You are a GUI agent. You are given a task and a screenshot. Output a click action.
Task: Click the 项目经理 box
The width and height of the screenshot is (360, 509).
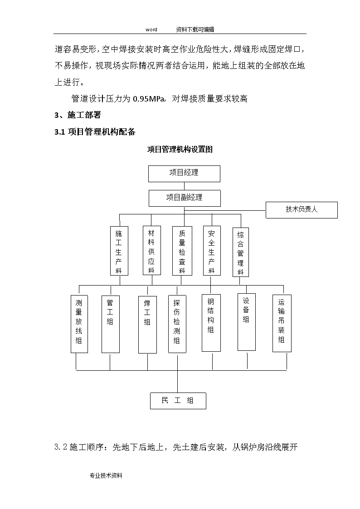[x=184, y=174]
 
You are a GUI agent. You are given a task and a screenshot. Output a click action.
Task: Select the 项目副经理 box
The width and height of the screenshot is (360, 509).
[x=185, y=199]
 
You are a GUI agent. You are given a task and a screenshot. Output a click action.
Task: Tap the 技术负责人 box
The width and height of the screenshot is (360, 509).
[x=302, y=210]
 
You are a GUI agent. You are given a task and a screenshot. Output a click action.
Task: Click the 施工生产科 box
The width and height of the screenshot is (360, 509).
[x=119, y=251]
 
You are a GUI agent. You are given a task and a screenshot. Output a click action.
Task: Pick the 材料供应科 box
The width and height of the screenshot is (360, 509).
[x=152, y=251]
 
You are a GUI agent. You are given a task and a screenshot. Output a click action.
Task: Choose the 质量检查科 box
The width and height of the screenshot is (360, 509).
[x=182, y=251]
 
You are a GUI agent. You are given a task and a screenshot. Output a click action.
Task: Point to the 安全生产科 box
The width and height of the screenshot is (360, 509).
[x=212, y=251]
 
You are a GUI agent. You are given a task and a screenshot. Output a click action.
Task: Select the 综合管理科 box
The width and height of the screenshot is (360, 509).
[x=241, y=252]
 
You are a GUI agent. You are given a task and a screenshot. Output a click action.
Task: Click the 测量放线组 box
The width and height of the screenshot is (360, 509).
[x=79, y=324]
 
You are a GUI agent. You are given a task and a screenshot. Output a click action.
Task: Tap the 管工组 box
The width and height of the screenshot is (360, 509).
[x=110, y=324]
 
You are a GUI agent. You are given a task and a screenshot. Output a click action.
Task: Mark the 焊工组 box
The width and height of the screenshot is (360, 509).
[x=147, y=325]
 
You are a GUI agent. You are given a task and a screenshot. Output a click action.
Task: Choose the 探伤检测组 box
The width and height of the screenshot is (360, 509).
[x=177, y=324]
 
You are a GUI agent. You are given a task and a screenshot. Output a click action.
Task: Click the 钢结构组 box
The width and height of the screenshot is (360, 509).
[x=211, y=323]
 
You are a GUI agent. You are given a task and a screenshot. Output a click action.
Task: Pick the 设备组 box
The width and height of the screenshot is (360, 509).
[x=246, y=322]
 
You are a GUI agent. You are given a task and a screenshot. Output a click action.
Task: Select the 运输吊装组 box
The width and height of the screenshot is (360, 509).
[x=282, y=323]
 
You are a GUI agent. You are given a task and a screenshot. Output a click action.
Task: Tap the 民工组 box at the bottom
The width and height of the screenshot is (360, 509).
[x=178, y=401]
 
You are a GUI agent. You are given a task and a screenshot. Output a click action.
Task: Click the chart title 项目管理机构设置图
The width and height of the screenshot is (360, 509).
[x=180, y=149]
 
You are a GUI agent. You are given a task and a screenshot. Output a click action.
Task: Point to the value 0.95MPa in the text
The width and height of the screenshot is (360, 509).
[x=149, y=99]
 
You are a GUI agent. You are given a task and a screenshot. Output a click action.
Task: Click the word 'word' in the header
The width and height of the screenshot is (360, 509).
[x=151, y=29]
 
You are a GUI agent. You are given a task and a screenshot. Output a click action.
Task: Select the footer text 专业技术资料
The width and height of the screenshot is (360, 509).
[x=106, y=475]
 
